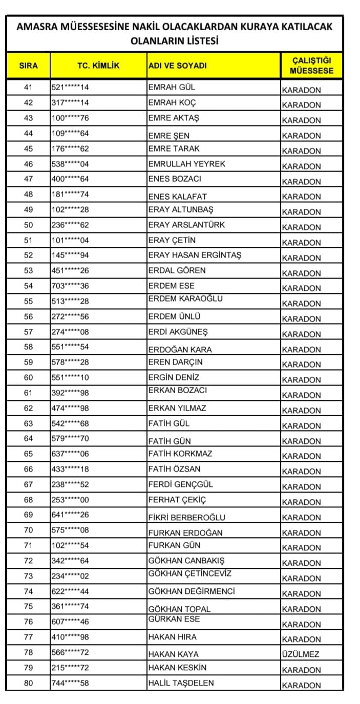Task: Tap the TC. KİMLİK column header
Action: point(98,66)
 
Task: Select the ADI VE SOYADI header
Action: point(177,66)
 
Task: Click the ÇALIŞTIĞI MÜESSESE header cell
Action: point(311,66)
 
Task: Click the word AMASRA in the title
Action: point(38,27)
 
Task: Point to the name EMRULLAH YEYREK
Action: point(186,164)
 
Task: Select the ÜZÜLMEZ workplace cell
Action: point(301,654)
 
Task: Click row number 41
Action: point(28,88)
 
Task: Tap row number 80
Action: point(28,683)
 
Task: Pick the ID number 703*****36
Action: point(70,286)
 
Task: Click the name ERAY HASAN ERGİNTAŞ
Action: point(195,255)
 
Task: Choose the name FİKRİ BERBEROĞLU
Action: point(186,518)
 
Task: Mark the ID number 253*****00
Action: point(70,500)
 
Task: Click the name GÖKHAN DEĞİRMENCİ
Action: point(192,591)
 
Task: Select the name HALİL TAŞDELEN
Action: point(181,683)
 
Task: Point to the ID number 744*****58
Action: point(70,683)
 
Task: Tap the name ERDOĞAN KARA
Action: point(180,350)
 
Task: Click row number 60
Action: point(28,377)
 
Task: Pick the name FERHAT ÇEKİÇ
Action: point(177,500)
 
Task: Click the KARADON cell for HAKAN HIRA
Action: point(302,639)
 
